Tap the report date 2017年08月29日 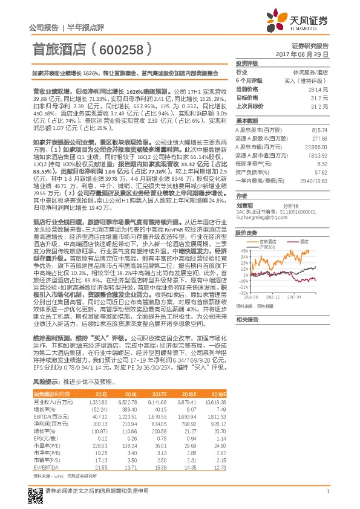[308, 54]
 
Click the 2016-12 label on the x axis [275, 297]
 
